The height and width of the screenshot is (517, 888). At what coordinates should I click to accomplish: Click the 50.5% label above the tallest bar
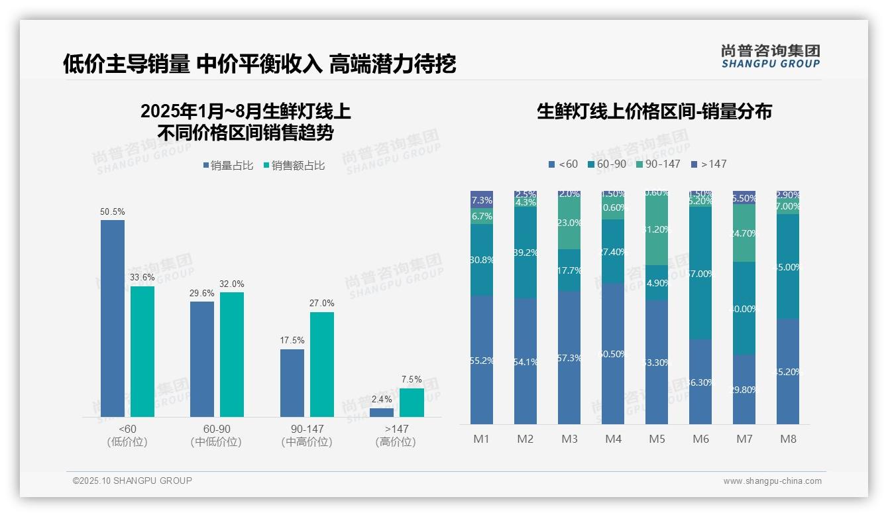[x=112, y=212]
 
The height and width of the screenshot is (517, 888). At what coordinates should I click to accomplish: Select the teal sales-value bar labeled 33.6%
[x=142, y=351]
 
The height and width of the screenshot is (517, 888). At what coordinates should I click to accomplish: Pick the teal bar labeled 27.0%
[x=322, y=365]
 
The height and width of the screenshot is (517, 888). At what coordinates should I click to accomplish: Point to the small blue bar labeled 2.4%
[x=382, y=412]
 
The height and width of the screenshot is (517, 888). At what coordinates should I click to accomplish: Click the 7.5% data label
[x=411, y=380]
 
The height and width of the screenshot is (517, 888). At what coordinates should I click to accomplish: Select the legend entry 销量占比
[x=228, y=166]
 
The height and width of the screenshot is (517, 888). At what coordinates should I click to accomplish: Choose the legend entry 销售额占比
[x=294, y=166]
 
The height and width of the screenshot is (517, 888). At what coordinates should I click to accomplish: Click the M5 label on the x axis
[x=657, y=439]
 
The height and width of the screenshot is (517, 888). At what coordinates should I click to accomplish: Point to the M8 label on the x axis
[x=788, y=439]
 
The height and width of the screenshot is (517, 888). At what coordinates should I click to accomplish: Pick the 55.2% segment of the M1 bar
[x=482, y=360]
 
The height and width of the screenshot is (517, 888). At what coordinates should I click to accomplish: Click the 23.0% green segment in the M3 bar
[x=569, y=223]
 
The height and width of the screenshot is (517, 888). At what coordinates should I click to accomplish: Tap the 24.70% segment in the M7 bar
[x=744, y=233]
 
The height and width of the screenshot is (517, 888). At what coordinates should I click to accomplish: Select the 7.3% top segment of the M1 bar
[x=482, y=200]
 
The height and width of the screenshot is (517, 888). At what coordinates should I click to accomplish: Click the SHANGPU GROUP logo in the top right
[x=770, y=56]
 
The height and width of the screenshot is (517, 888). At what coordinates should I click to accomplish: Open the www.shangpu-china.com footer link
[x=772, y=481]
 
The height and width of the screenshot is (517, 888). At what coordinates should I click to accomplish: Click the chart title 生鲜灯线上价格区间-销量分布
[x=654, y=111]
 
